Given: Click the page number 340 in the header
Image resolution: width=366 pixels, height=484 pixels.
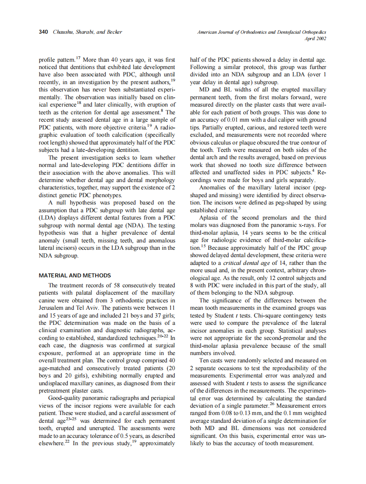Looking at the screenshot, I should [x=43, y=32].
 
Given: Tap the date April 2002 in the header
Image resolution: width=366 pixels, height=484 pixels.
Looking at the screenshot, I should [x=315, y=39].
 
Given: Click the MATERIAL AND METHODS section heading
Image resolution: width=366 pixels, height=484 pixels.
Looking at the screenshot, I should [x=75, y=275].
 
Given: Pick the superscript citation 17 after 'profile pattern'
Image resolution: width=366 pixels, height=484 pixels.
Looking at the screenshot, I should [x=78, y=58].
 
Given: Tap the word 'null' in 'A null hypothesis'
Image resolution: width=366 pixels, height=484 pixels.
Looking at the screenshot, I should [x=61, y=202].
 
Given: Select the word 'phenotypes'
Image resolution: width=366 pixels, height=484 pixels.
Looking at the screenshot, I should [x=108, y=195].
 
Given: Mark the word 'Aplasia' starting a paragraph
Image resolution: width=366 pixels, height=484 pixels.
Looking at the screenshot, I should [x=209, y=217].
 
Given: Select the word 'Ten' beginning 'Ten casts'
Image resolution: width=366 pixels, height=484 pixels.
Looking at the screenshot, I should [x=204, y=360].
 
